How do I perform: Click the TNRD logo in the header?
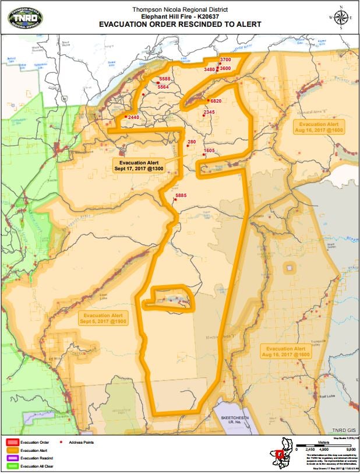(24, 17)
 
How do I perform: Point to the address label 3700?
(226, 60)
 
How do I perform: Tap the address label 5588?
(165, 79)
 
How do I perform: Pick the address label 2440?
(133, 118)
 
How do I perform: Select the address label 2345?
(209, 112)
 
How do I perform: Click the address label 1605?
(210, 151)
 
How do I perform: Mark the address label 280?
(192, 142)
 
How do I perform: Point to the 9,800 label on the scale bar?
(351, 450)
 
